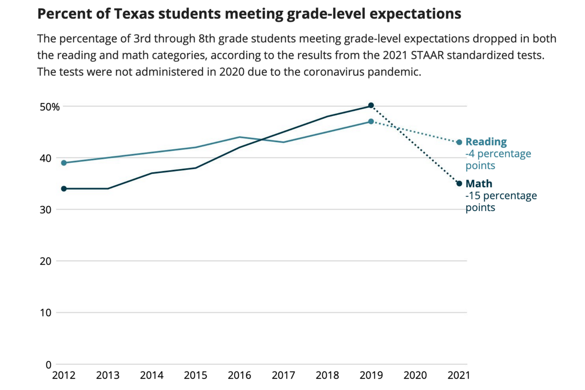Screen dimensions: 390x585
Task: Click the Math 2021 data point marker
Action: coord(459,184)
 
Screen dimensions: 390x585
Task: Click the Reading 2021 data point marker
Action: coord(459,142)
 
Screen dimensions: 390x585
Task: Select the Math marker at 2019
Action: coord(371,105)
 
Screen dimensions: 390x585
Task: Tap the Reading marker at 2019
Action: coord(371,121)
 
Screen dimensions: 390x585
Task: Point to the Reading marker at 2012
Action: coord(64,163)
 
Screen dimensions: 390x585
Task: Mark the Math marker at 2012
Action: coord(64,189)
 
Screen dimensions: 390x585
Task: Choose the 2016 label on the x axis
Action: coord(239,375)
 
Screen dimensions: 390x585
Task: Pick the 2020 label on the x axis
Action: coord(415,375)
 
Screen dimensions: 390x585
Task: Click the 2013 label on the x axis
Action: coord(108,375)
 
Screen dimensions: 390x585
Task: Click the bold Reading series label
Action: coord(486,142)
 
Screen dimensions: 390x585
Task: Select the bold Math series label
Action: coord(479,184)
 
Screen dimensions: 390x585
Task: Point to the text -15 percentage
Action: coord(501,196)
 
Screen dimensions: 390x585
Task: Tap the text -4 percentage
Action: coord(498,154)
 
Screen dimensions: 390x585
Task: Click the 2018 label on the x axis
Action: coord(328,375)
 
